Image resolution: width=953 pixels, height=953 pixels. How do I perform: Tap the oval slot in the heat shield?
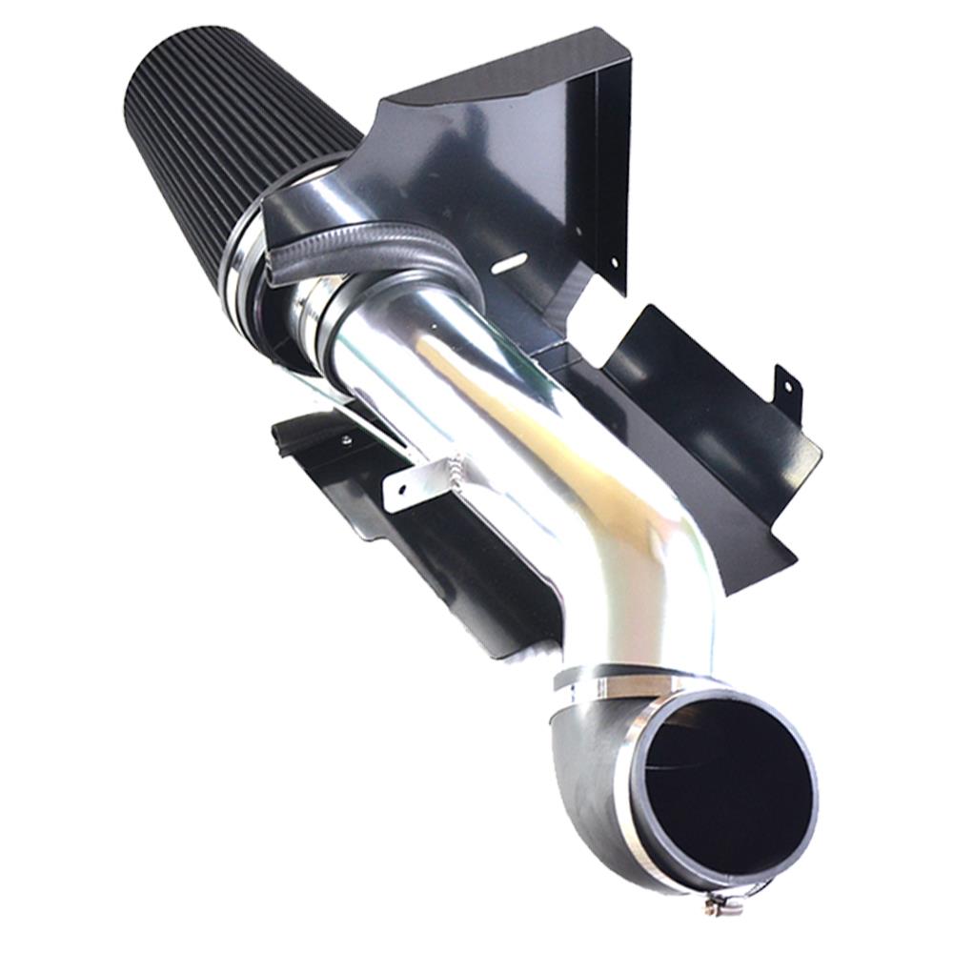512,258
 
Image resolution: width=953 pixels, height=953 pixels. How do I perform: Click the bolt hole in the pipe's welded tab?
401,488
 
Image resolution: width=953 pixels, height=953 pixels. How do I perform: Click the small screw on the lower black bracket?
345,440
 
